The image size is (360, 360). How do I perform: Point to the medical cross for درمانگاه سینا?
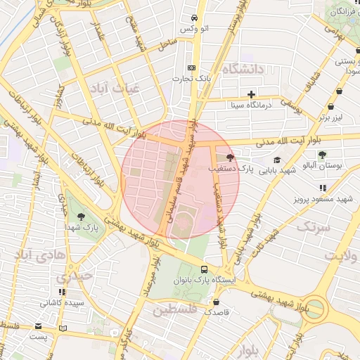pyautogui.click(x=251, y=94)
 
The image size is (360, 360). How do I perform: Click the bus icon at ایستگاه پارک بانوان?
pyautogui.click(x=205, y=269)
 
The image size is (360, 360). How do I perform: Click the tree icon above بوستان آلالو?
pyautogui.click(x=321, y=155)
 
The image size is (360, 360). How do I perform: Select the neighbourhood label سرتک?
pyautogui.click(x=314, y=226)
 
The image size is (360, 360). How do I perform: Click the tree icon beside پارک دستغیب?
pyautogui.click(x=230, y=157)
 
